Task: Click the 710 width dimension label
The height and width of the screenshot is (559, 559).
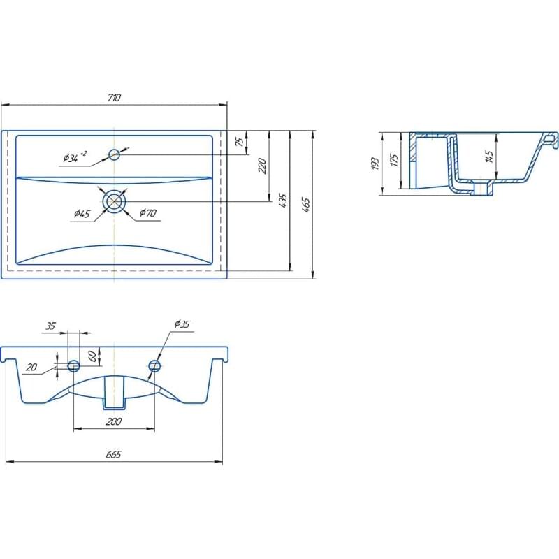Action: tap(114, 97)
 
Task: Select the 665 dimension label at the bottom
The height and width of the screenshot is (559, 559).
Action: tap(114, 455)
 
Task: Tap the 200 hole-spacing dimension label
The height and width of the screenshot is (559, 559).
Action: tap(114, 421)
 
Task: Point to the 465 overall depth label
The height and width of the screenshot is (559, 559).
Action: tap(306, 205)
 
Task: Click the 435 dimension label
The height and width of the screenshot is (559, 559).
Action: tap(283, 201)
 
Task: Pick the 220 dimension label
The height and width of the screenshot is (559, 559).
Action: tap(262, 166)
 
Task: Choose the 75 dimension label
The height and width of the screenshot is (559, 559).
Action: tap(240, 142)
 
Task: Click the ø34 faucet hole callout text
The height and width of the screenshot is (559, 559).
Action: tap(75, 157)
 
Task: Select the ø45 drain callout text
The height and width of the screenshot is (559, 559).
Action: tap(82, 214)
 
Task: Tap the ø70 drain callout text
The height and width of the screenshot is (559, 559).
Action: tap(148, 213)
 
